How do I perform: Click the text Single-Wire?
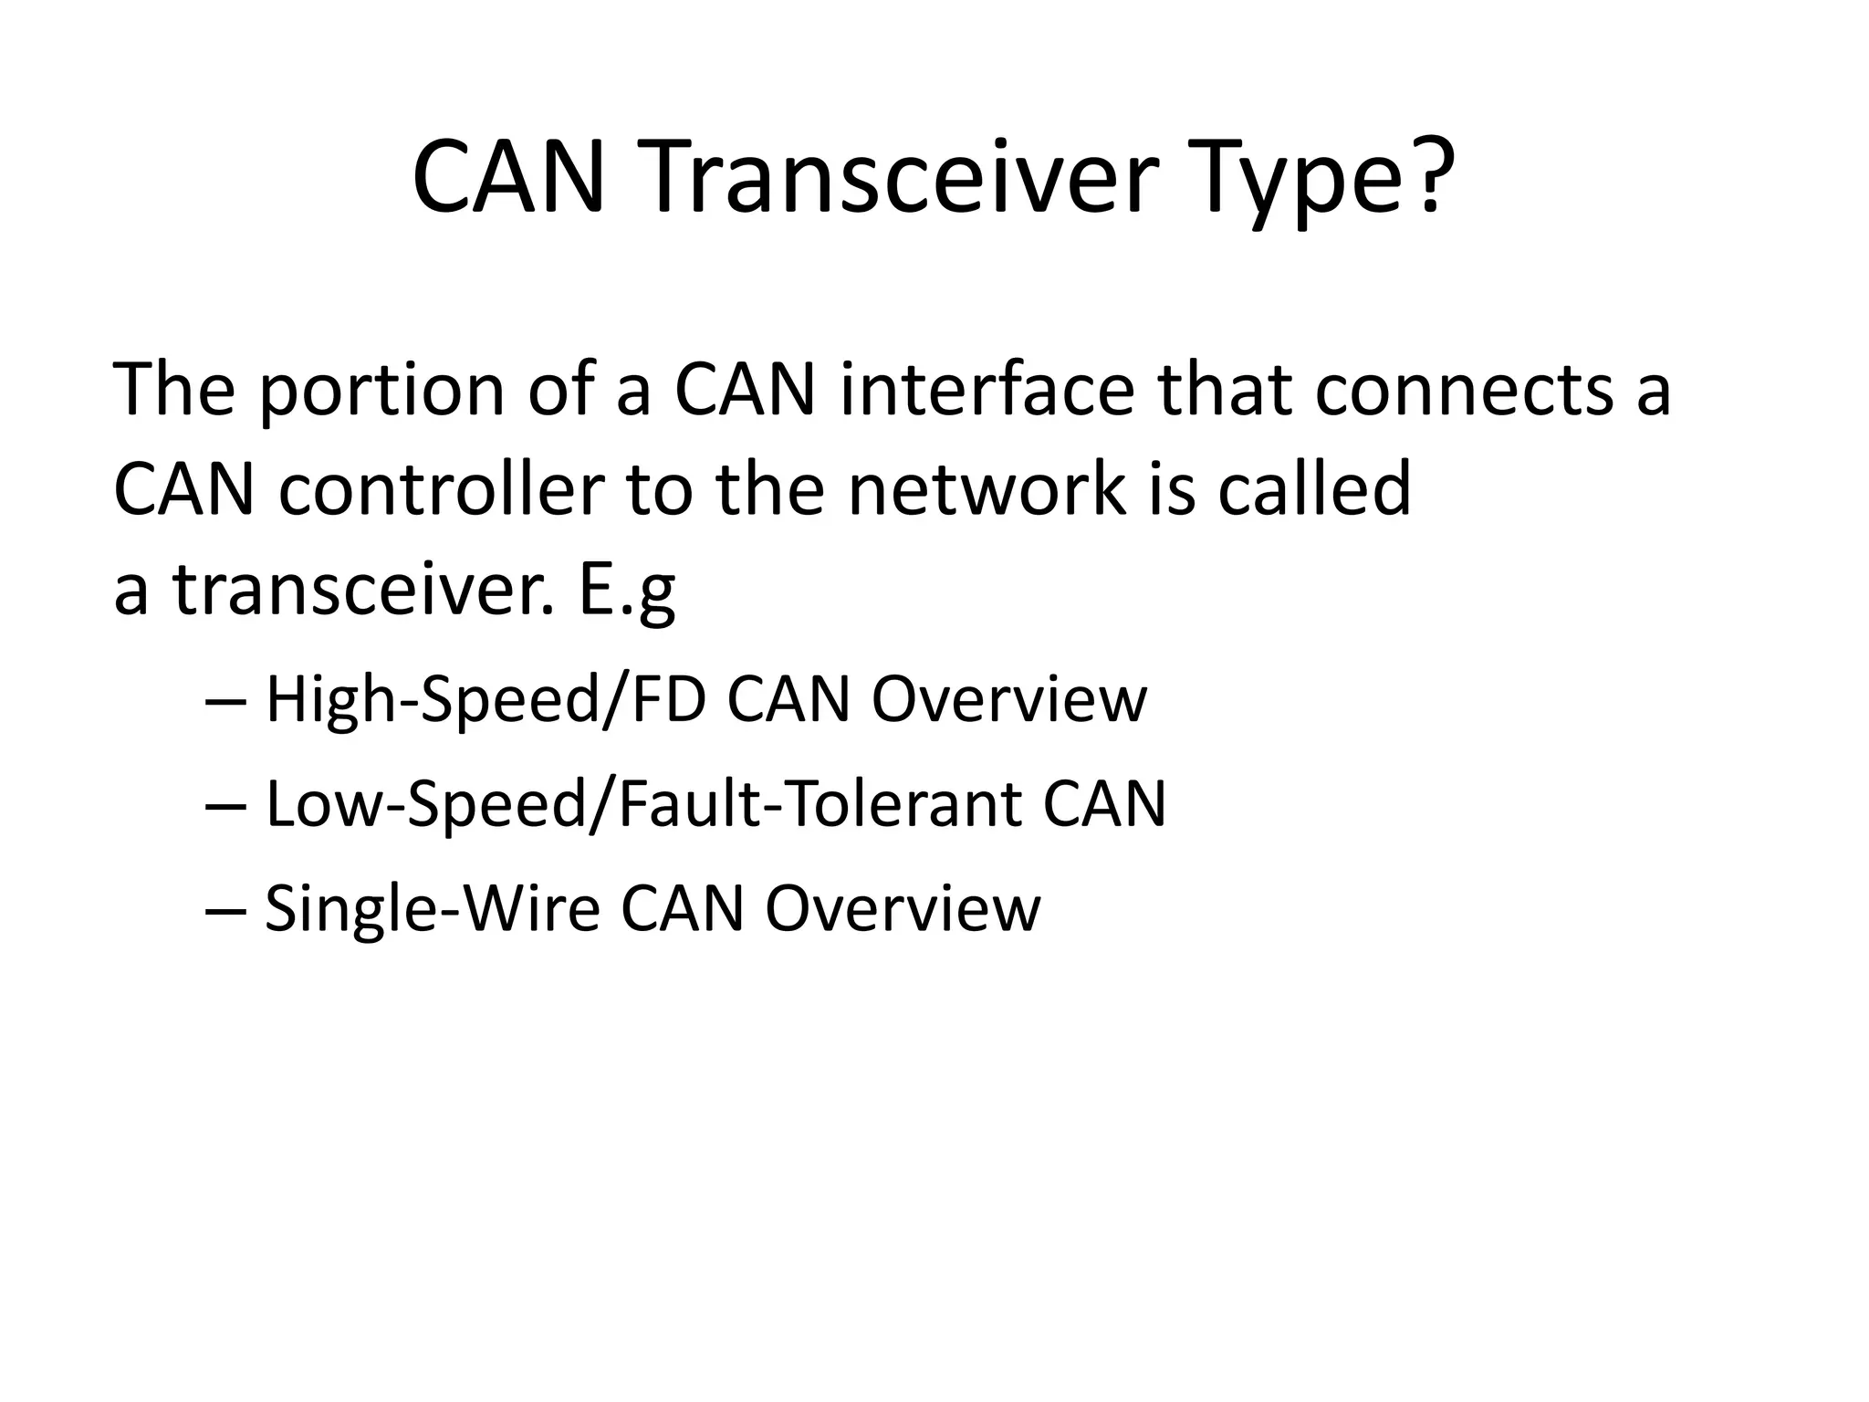coord(432,909)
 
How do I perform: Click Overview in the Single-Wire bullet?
coord(902,909)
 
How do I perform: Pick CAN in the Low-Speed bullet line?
coord(1103,805)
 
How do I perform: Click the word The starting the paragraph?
coord(173,391)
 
